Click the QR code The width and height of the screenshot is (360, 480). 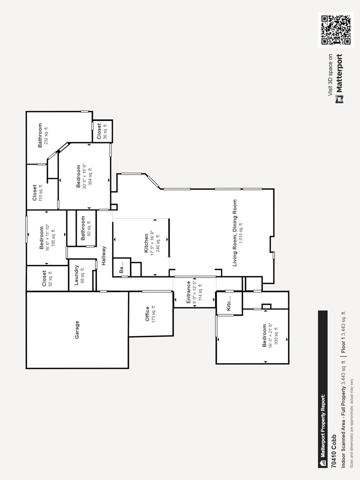pyautogui.click(x=336, y=30)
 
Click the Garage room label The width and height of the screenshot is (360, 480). pyautogui.click(x=77, y=330)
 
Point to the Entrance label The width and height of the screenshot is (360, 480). pyautogui.click(x=189, y=292)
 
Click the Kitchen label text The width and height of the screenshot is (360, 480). pyautogui.click(x=146, y=243)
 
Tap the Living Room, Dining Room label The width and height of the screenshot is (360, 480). pyautogui.click(x=235, y=233)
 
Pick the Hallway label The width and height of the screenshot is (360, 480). pyautogui.click(x=104, y=256)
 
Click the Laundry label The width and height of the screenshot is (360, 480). pyautogui.click(x=76, y=276)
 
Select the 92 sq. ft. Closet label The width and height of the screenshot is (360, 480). pyautogui.click(x=45, y=278)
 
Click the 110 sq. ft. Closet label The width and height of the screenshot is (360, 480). pyautogui.click(x=35, y=193)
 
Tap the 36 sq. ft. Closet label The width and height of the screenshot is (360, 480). pyautogui.click(x=99, y=131)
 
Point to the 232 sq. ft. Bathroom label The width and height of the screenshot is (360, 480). pyautogui.click(x=40, y=135)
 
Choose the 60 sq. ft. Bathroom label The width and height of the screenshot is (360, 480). pyautogui.click(x=83, y=228)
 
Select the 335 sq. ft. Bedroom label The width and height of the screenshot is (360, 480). pyautogui.click(x=264, y=336)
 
